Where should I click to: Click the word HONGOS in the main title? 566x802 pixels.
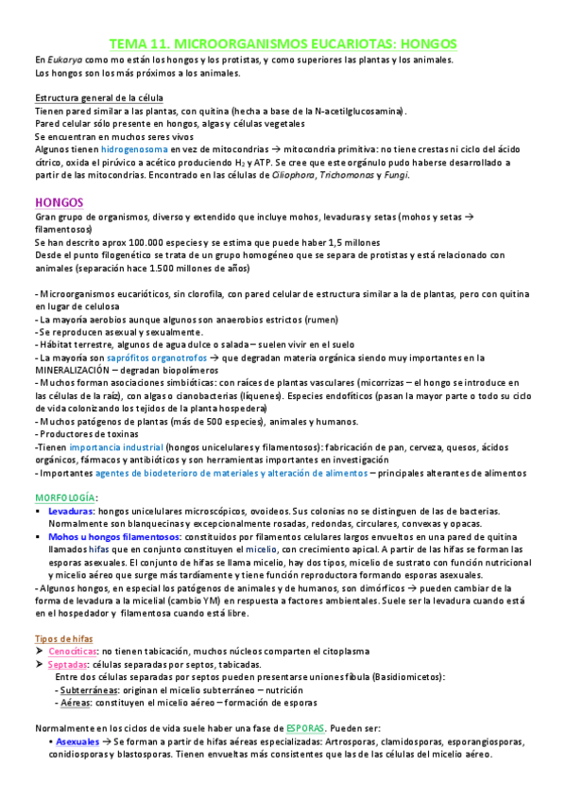tap(420, 44)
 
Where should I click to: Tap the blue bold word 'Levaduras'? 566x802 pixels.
tap(70, 511)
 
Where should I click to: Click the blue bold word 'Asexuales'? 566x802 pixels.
tap(77, 742)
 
